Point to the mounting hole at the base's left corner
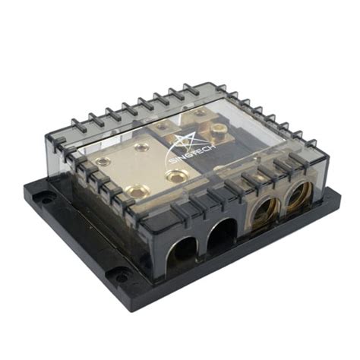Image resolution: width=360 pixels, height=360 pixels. tap(47, 200)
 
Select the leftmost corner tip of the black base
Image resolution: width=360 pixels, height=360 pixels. tap(25, 182)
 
